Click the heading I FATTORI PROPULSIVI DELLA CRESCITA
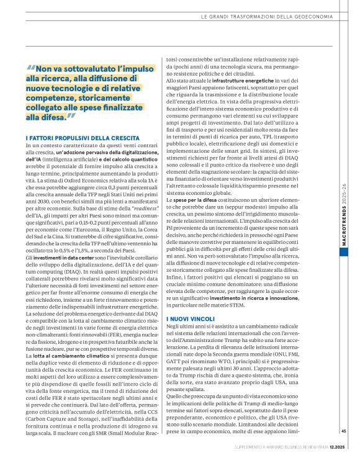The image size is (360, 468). pos(83,137)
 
